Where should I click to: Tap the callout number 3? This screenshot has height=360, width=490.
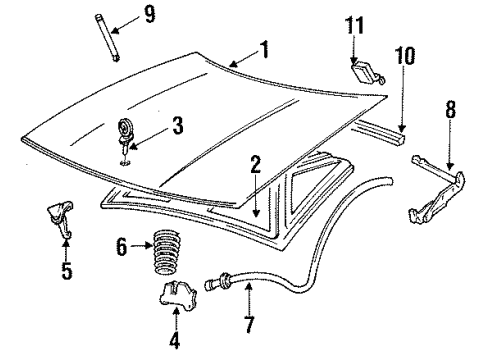(x=176, y=126)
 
